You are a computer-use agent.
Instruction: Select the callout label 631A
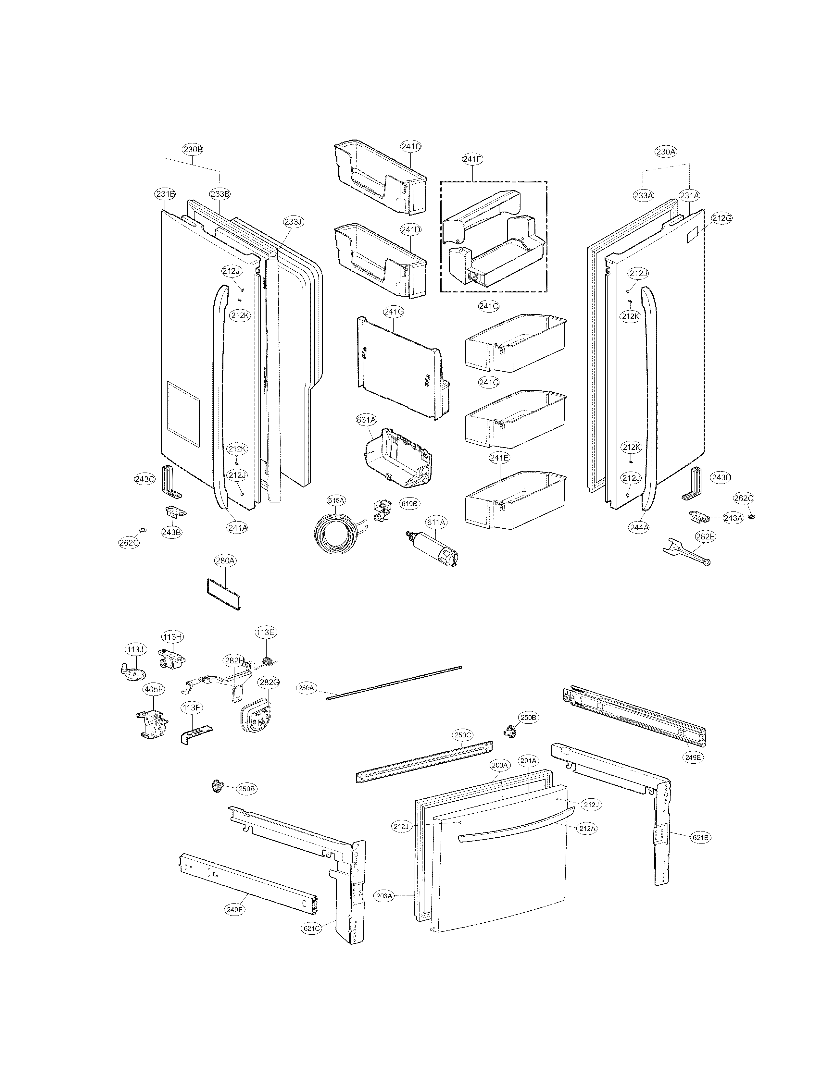coord(366,420)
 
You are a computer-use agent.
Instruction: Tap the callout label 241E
coord(499,458)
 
